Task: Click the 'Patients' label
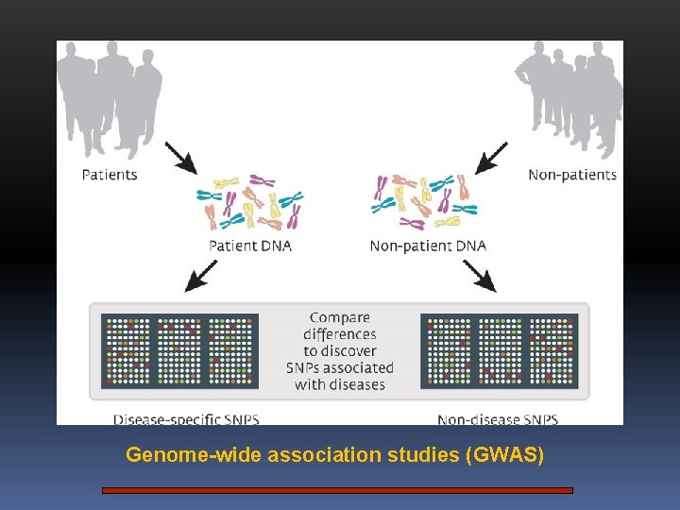coord(110,175)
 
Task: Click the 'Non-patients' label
coord(572,175)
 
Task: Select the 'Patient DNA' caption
coord(250,246)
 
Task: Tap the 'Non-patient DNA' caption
coord(428,246)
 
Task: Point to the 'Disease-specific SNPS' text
coord(186,418)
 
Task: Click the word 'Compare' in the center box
coord(340,317)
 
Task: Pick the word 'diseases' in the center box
coord(354,384)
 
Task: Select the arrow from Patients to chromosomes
coord(180,158)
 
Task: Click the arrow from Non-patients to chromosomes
coord(491,158)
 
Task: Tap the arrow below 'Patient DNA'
coord(201,275)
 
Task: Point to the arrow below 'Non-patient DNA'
coord(480,275)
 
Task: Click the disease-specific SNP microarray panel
coord(179,349)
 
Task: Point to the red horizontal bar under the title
coord(338,490)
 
